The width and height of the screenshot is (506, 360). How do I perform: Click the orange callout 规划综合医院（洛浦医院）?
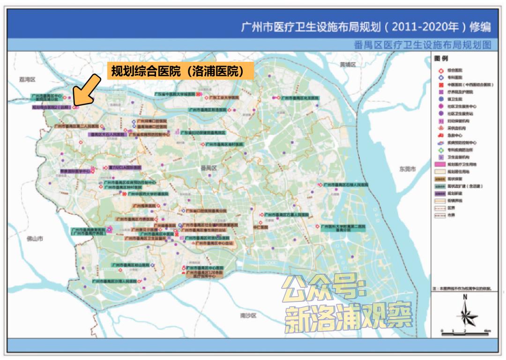pyautogui.click(x=180, y=71)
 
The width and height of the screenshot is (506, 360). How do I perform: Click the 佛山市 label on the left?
pyautogui.click(x=35, y=239)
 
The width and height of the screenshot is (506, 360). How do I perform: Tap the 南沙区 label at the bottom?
pyautogui.click(x=248, y=316)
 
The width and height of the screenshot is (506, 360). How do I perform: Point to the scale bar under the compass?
pyautogui.click(x=465, y=331)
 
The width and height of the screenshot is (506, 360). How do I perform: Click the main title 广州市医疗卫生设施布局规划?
pyautogui.click(x=365, y=27)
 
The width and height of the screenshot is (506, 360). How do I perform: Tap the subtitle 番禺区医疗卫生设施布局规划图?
pyautogui.click(x=422, y=45)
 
